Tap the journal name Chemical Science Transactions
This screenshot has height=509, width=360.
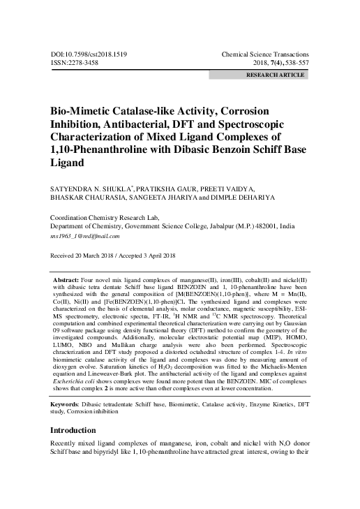click(x=264, y=54)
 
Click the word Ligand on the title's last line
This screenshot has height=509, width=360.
click(x=66, y=163)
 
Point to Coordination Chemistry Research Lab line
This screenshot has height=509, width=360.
click(x=110, y=217)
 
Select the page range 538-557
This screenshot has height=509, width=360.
click(x=294, y=63)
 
